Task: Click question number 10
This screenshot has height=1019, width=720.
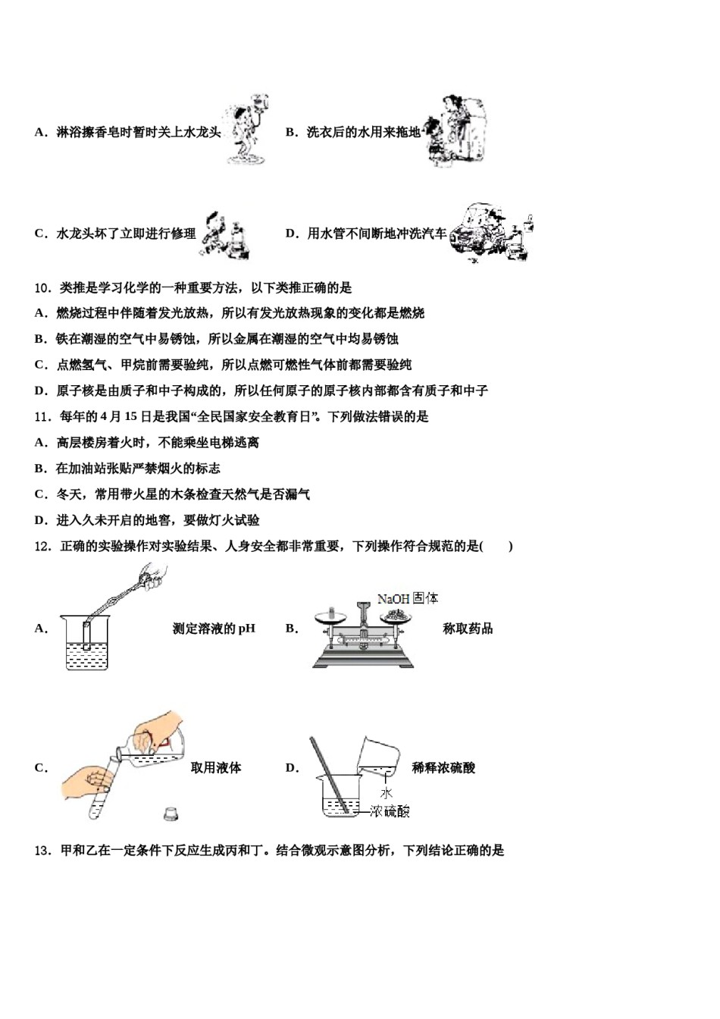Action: [43, 288]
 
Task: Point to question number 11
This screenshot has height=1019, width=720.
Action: [43, 417]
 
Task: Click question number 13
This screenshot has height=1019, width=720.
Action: [43, 851]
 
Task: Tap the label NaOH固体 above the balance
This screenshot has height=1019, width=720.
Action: [408, 598]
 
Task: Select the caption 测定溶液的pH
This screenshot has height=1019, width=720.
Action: [214, 629]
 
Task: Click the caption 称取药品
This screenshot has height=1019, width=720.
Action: [468, 629]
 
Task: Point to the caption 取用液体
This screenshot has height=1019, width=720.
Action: [216, 768]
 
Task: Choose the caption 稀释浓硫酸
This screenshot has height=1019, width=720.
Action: [443, 768]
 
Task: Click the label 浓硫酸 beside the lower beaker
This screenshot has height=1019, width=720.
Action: [390, 812]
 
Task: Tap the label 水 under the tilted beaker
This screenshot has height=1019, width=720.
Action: [386, 793]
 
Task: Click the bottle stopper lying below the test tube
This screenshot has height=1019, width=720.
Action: [171, 814]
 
